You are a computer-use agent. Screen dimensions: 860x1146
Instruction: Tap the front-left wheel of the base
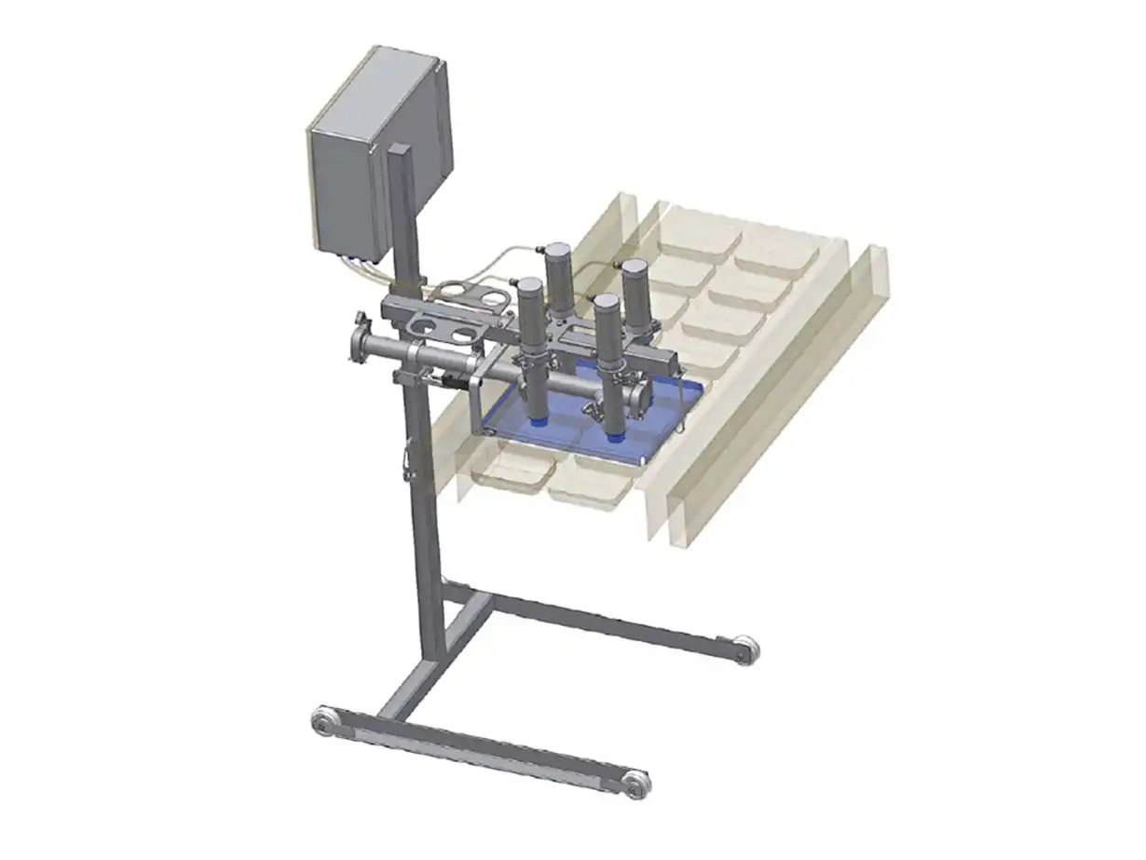pos(322,721)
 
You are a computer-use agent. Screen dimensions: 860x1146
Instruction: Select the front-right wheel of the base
pos(636,783)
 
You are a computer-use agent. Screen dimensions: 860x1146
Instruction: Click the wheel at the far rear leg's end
pos(745,648)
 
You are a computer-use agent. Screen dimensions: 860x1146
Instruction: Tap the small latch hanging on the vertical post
pos(406,463)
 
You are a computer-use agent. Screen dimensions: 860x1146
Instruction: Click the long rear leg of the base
pos(606,621)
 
